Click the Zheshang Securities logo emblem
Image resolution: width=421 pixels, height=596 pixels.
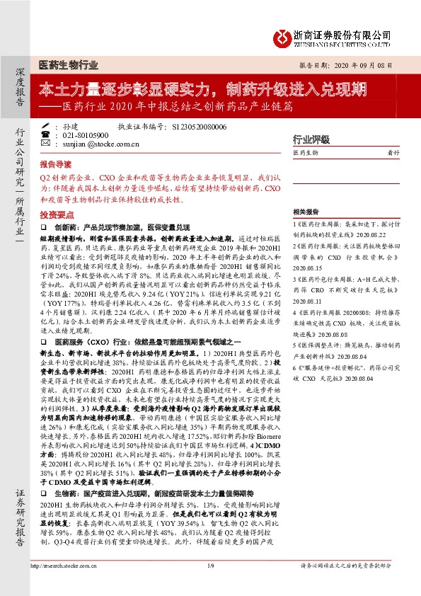(282, 35)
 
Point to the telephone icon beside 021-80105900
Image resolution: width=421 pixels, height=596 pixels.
(46, 134)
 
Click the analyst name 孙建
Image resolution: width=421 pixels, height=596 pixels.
(70, 126)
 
